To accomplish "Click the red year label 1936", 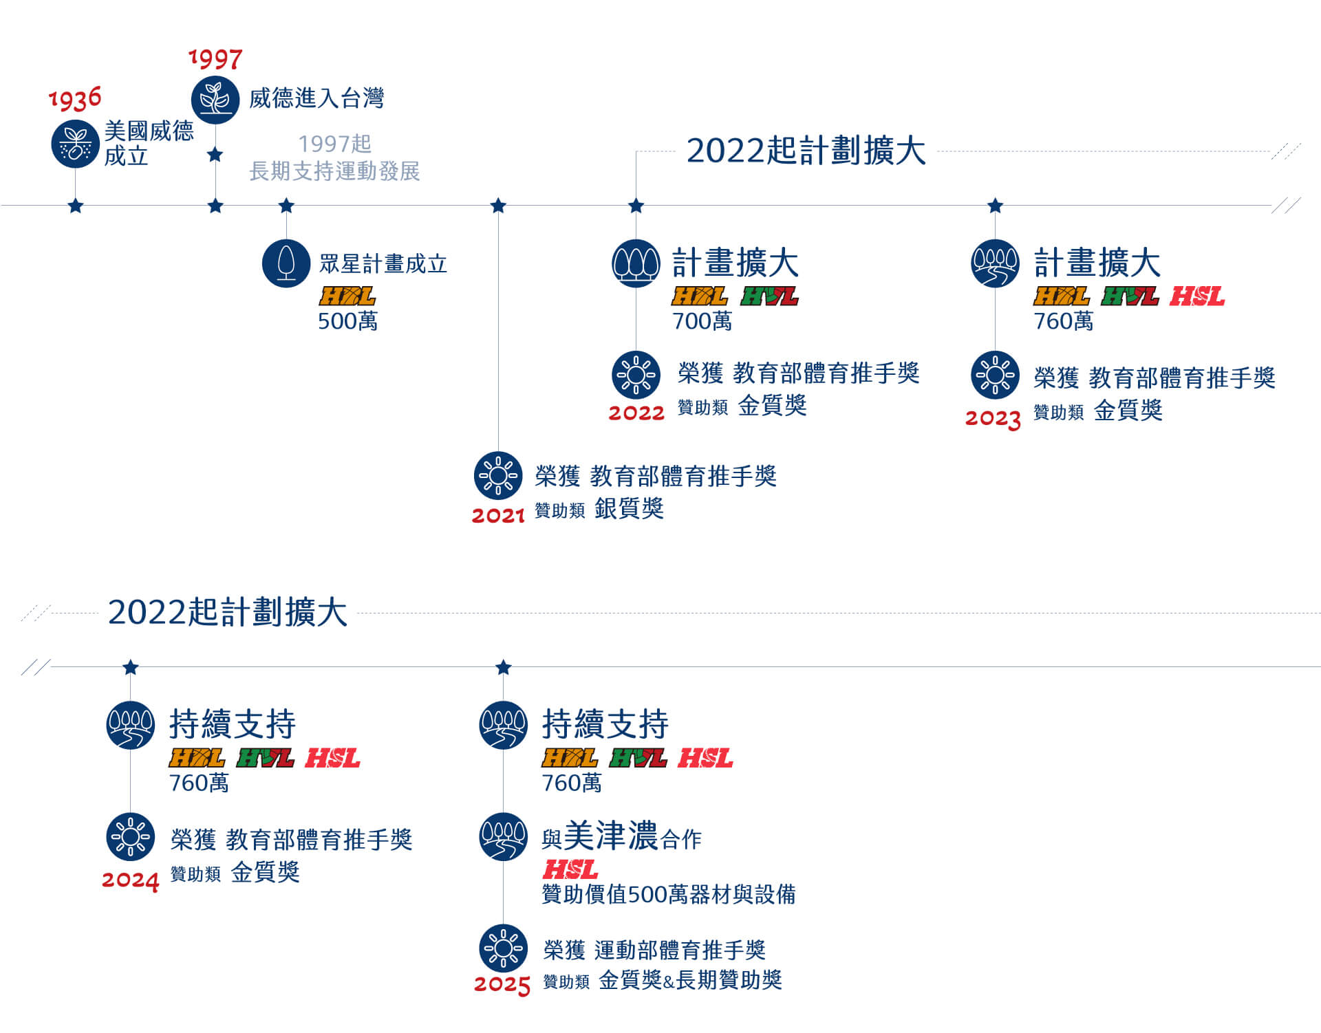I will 75,98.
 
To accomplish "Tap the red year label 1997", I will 215,59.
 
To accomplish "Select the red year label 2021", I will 498,515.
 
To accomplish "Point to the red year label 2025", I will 502,984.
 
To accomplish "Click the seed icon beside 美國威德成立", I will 75,144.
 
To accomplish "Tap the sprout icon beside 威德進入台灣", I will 215,100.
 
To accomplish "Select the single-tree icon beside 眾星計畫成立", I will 286,263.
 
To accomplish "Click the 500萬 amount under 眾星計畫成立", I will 347,321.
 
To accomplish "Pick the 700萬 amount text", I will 702,321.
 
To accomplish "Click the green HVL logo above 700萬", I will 770,296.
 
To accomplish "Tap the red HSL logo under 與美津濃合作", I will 570,870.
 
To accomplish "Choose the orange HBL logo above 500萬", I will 347,296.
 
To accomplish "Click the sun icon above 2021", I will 498,475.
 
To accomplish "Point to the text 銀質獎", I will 629,509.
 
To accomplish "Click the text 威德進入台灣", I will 316,98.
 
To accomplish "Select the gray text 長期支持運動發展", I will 334,171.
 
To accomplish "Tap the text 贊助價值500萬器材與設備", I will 669,895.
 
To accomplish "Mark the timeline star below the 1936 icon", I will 76,206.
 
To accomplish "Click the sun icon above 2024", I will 131,837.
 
